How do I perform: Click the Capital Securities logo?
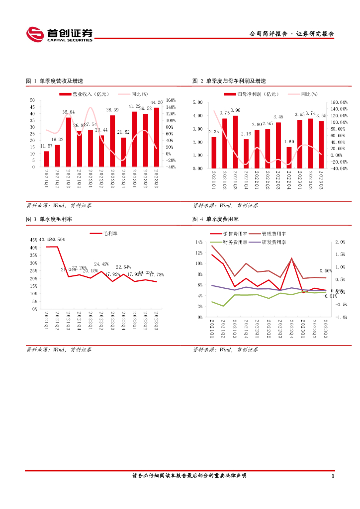click(x=60, y=34)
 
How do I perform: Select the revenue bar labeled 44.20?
click(x=157, y=137)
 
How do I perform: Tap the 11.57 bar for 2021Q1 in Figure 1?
click(x=46, y=159)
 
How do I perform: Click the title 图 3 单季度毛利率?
click(x=48, y=219)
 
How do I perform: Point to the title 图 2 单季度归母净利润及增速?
click(x=229, y=81)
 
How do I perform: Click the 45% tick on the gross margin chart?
click(x=33, y=240)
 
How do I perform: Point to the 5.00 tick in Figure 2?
click(x=197, y=102)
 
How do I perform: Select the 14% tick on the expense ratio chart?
click(x=198, y=242)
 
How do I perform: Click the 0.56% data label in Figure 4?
click(x=326, y=271)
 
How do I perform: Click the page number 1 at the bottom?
click(x=332, y=476)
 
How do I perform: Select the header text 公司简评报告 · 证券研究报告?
click(x=291, y=34)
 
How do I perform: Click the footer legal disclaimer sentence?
click(x=189, y=476)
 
